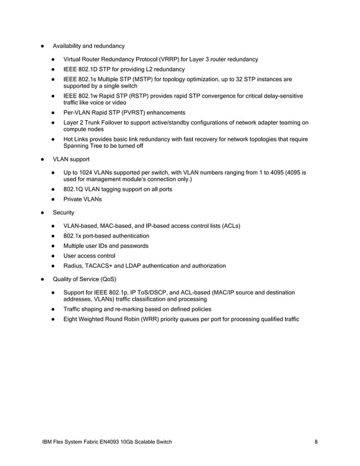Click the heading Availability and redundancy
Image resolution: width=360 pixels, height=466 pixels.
point(89,46)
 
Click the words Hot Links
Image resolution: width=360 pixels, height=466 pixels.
point(76,139)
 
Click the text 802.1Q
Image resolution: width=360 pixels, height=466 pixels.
point(74,189)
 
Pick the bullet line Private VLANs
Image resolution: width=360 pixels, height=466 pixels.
point(83,199)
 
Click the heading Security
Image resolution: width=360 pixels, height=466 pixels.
point(63,213)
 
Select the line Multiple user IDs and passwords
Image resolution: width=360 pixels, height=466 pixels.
point(106,246)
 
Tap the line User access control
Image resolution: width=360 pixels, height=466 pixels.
point(89,256)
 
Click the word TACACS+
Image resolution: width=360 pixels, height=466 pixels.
point(102,266)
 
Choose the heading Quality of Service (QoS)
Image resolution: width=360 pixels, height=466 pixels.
point(85,279)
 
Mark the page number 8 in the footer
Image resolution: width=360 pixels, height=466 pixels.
point(317,442)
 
